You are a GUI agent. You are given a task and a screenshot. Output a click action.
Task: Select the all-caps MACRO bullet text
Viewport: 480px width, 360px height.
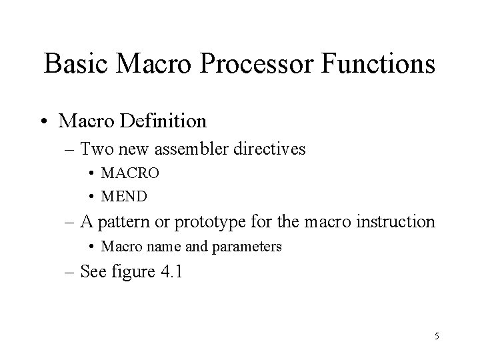(x=130, y=173)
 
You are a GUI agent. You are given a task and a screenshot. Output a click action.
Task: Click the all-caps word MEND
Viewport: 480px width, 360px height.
(x=124, y=197)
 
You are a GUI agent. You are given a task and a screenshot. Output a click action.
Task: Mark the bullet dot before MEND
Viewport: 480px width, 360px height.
(x=90, y=197)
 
